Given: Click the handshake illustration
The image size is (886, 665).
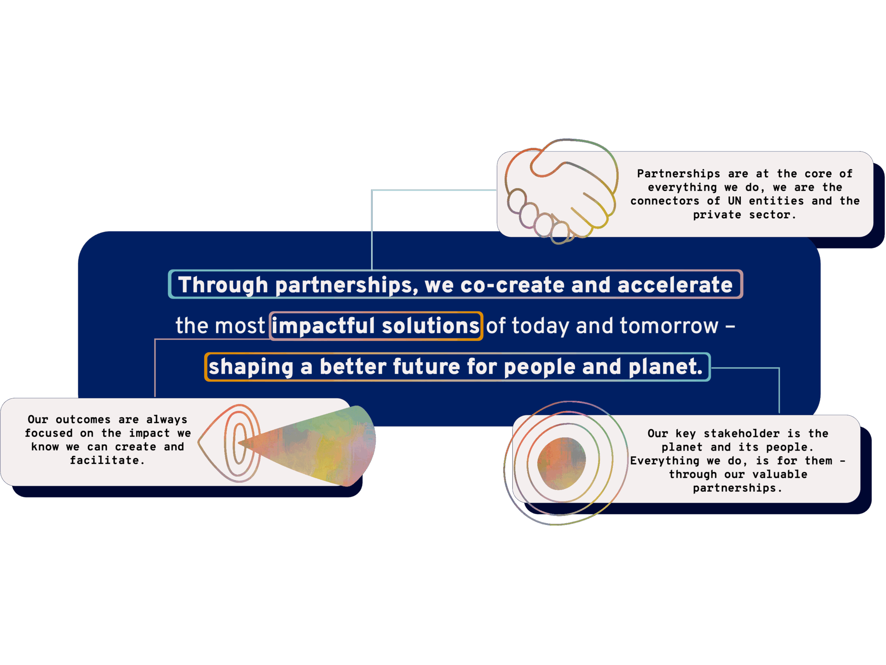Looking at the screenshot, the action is [x=561, y=191].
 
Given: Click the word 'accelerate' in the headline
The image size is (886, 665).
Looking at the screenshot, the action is [x=675, y=285].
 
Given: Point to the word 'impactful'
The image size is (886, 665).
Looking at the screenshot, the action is [x=324, y=326].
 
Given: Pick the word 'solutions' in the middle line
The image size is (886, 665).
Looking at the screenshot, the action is [x=431, y=326].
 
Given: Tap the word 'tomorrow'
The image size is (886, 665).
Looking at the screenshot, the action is [x=669, y=326].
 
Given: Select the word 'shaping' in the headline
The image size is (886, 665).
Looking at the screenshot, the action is [x=251, y=367].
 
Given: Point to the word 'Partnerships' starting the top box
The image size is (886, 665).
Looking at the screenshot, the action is [x=679, y=174].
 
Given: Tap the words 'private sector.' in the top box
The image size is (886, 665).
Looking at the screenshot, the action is [x=744, y=215].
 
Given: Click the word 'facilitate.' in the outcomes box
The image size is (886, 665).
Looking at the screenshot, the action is [x=107, y=461].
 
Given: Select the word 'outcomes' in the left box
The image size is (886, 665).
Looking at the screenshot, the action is [x=83, y=420].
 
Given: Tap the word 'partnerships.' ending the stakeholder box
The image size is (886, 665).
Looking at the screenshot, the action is [x=738, y=488].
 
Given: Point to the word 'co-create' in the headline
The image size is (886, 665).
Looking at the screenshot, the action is [x=512, y=285].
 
